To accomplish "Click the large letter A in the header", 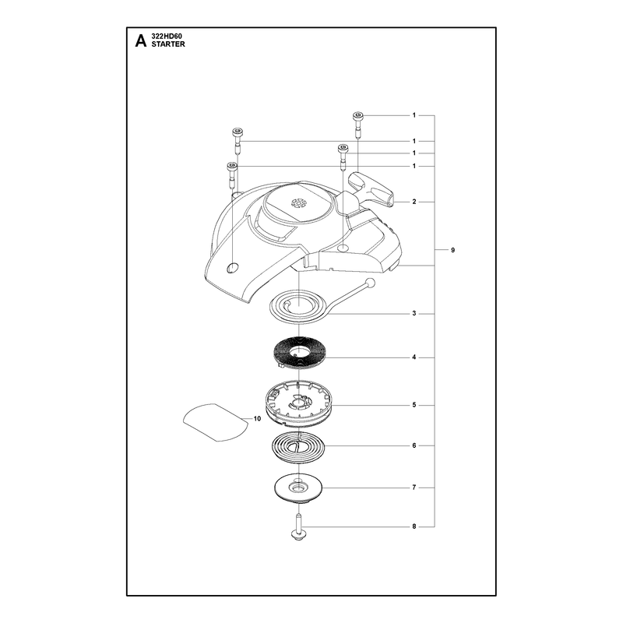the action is (141, 41).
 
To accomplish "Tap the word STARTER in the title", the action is (168, 44).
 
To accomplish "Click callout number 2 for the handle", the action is (414, 202).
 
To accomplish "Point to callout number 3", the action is (414, 314).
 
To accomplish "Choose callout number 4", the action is (414, 357).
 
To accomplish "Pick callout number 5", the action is (414, 405).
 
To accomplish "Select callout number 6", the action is (414, 445).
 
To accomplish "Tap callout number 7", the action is (414, 487).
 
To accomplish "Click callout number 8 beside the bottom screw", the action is (414, 526).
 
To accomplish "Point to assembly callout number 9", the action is (453, 250).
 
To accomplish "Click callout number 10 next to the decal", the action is (257, 418).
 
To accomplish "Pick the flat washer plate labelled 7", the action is (298, 488).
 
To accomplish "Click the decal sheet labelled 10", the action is (216, 421).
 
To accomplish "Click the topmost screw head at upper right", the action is (357, 115).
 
